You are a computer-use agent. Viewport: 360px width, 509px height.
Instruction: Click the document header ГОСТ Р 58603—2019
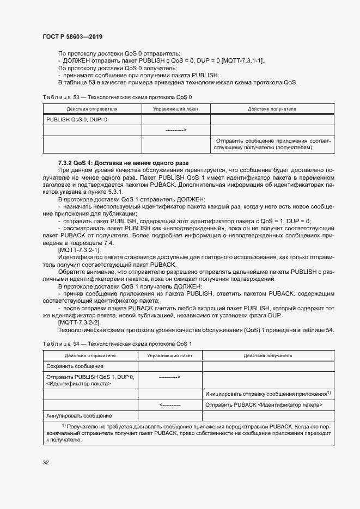[72, 36]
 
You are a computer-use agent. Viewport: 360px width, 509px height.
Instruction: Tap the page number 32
[46, 463]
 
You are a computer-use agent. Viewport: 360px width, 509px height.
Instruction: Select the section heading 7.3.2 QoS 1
[123, 163]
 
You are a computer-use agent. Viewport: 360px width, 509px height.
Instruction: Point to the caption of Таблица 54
[117, 344]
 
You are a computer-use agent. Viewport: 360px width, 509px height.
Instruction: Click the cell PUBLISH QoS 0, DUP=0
[77, 119]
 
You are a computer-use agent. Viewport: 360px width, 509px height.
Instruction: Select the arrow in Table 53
[176, 130]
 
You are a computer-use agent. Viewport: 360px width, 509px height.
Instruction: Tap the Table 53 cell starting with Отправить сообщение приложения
[272, 144]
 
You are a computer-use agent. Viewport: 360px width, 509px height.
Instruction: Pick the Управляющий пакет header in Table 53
[176, 109]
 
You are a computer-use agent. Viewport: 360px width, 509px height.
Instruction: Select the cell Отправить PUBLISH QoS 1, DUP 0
[90, 380]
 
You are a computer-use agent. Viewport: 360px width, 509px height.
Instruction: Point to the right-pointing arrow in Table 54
[170, 377]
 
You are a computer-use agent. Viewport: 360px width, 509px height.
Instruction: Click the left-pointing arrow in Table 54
[170, 405]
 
